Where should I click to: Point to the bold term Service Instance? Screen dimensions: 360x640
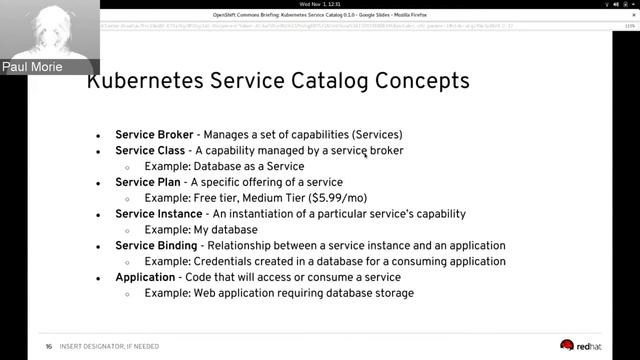pyautogui.click(x=158, y=214)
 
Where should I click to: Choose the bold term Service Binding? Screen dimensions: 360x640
pyautogui.click(x=156, y=245)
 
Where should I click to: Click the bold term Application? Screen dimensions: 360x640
pyautogui.click(x=146, y=277)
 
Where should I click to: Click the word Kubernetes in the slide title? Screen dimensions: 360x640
pyautogui.click(x=149, y=81)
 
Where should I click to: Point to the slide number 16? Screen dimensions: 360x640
pyautogui.click(x=48, y=347)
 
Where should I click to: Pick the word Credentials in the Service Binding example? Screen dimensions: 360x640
pyautogui.click(x=224, y=261)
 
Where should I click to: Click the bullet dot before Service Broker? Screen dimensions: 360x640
pyautogui.click(x=98, y=135)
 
